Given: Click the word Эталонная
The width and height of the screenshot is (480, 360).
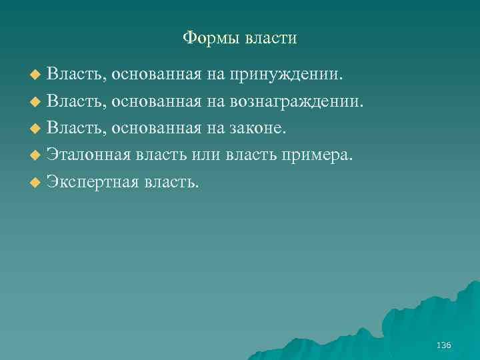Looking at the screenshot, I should tap(89, 155).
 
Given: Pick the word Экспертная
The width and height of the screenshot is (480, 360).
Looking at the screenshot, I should tap(92, 182).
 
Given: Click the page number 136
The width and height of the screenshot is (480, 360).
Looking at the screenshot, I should tap(443, 345).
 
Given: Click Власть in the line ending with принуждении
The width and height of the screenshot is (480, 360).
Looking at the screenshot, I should tap(77, 73).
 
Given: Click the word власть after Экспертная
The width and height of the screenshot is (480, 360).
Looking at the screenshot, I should tap(170, 182).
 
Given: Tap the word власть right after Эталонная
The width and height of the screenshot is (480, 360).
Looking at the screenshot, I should tap(161, 155).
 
